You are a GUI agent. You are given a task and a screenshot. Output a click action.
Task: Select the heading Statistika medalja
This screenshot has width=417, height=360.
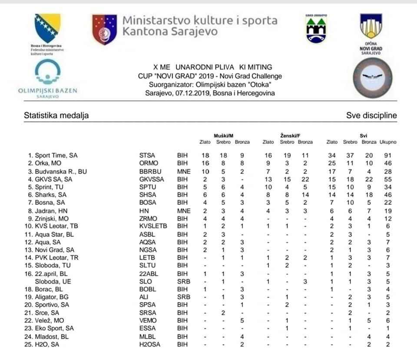click(x=56, y=116)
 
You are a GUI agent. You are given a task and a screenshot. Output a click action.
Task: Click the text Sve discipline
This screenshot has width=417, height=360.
click(x=371, y=116)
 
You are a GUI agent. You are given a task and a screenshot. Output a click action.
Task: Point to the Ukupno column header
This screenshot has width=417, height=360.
click(x=388, y=142)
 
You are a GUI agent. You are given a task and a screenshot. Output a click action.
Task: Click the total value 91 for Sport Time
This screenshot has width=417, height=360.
click(x=388, y=155)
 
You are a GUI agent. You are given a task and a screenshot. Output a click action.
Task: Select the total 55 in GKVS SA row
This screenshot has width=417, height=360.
click(x=388, y=179)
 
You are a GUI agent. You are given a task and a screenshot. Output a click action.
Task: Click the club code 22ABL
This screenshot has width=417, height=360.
click(x=146, y=274)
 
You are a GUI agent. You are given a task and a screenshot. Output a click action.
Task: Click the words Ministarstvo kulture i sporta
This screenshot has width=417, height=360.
click(x=199, y=20)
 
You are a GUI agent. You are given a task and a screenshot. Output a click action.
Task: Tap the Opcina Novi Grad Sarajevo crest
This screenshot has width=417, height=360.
click(x=371, y=33)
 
